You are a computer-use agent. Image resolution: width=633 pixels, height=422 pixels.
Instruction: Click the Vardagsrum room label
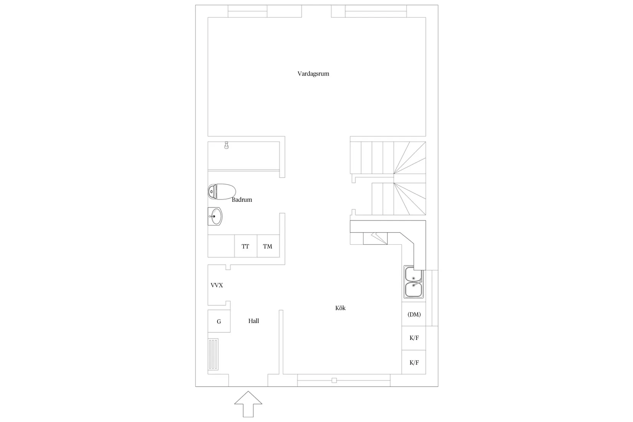[x=313, y=74]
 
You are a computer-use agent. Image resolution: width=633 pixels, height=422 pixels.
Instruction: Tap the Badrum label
[x=242, y=200]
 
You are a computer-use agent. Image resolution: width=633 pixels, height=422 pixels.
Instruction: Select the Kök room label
[x=340, y=308]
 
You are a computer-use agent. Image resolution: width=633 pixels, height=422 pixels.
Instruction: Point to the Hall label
[x=254, y=321]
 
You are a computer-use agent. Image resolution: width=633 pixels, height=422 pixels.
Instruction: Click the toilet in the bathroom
[x=222, y=192]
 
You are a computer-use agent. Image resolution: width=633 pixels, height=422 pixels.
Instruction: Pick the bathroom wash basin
[x=215, y=216]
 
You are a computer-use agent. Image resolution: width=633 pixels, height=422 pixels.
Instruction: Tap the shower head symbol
[x=226, y=145]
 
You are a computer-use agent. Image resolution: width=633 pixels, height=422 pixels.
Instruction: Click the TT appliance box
[x=246, y=246]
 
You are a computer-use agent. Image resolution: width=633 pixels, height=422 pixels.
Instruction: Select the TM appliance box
[x=268, y=246]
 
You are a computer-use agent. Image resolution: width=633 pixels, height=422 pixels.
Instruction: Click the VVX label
[x=217, y=285]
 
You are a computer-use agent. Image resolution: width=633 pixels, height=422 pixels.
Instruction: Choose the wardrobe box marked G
[x=219, y=321]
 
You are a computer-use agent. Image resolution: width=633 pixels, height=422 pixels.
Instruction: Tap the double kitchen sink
[x=414, y=282]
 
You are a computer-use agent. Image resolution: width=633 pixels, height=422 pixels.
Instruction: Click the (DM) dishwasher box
[x=414, y=314]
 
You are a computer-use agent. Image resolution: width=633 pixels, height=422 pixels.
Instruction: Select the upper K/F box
[x=414, y=338]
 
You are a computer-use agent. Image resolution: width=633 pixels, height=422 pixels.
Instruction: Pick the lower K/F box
[x=414, y=362]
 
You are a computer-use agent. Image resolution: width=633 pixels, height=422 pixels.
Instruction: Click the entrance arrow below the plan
[x=248, y=404]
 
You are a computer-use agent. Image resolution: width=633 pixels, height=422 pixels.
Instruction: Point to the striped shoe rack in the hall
[x=213, y=354]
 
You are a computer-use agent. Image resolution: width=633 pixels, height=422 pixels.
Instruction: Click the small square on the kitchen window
[x=334, y=381]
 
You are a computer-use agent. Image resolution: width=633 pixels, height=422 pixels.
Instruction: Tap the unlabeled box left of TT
[x=221, y=246]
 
